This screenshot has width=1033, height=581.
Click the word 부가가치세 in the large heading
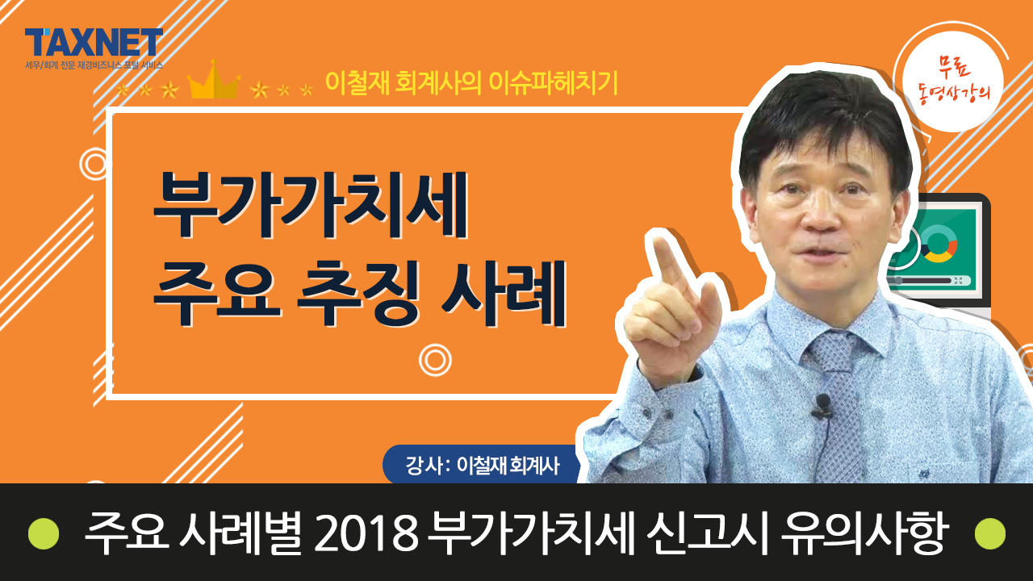pyautogui.click(x=311, y=205)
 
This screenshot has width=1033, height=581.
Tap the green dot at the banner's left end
pyautogui.click(x=44, y=533)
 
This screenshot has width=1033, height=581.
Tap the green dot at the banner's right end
pyautogui.click(x=990, y=533)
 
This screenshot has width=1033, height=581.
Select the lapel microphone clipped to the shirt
pyautogui.click(x=822, y=405)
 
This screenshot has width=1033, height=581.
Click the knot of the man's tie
pyautogui.click(x=832, y=353)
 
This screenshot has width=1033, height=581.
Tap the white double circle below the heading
pyautogui.click(x=435, y=360)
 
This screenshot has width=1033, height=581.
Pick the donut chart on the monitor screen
pyautogui.click(x=939, y=245)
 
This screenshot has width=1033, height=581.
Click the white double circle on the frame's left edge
pyautogui.click(x=95, y=164)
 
